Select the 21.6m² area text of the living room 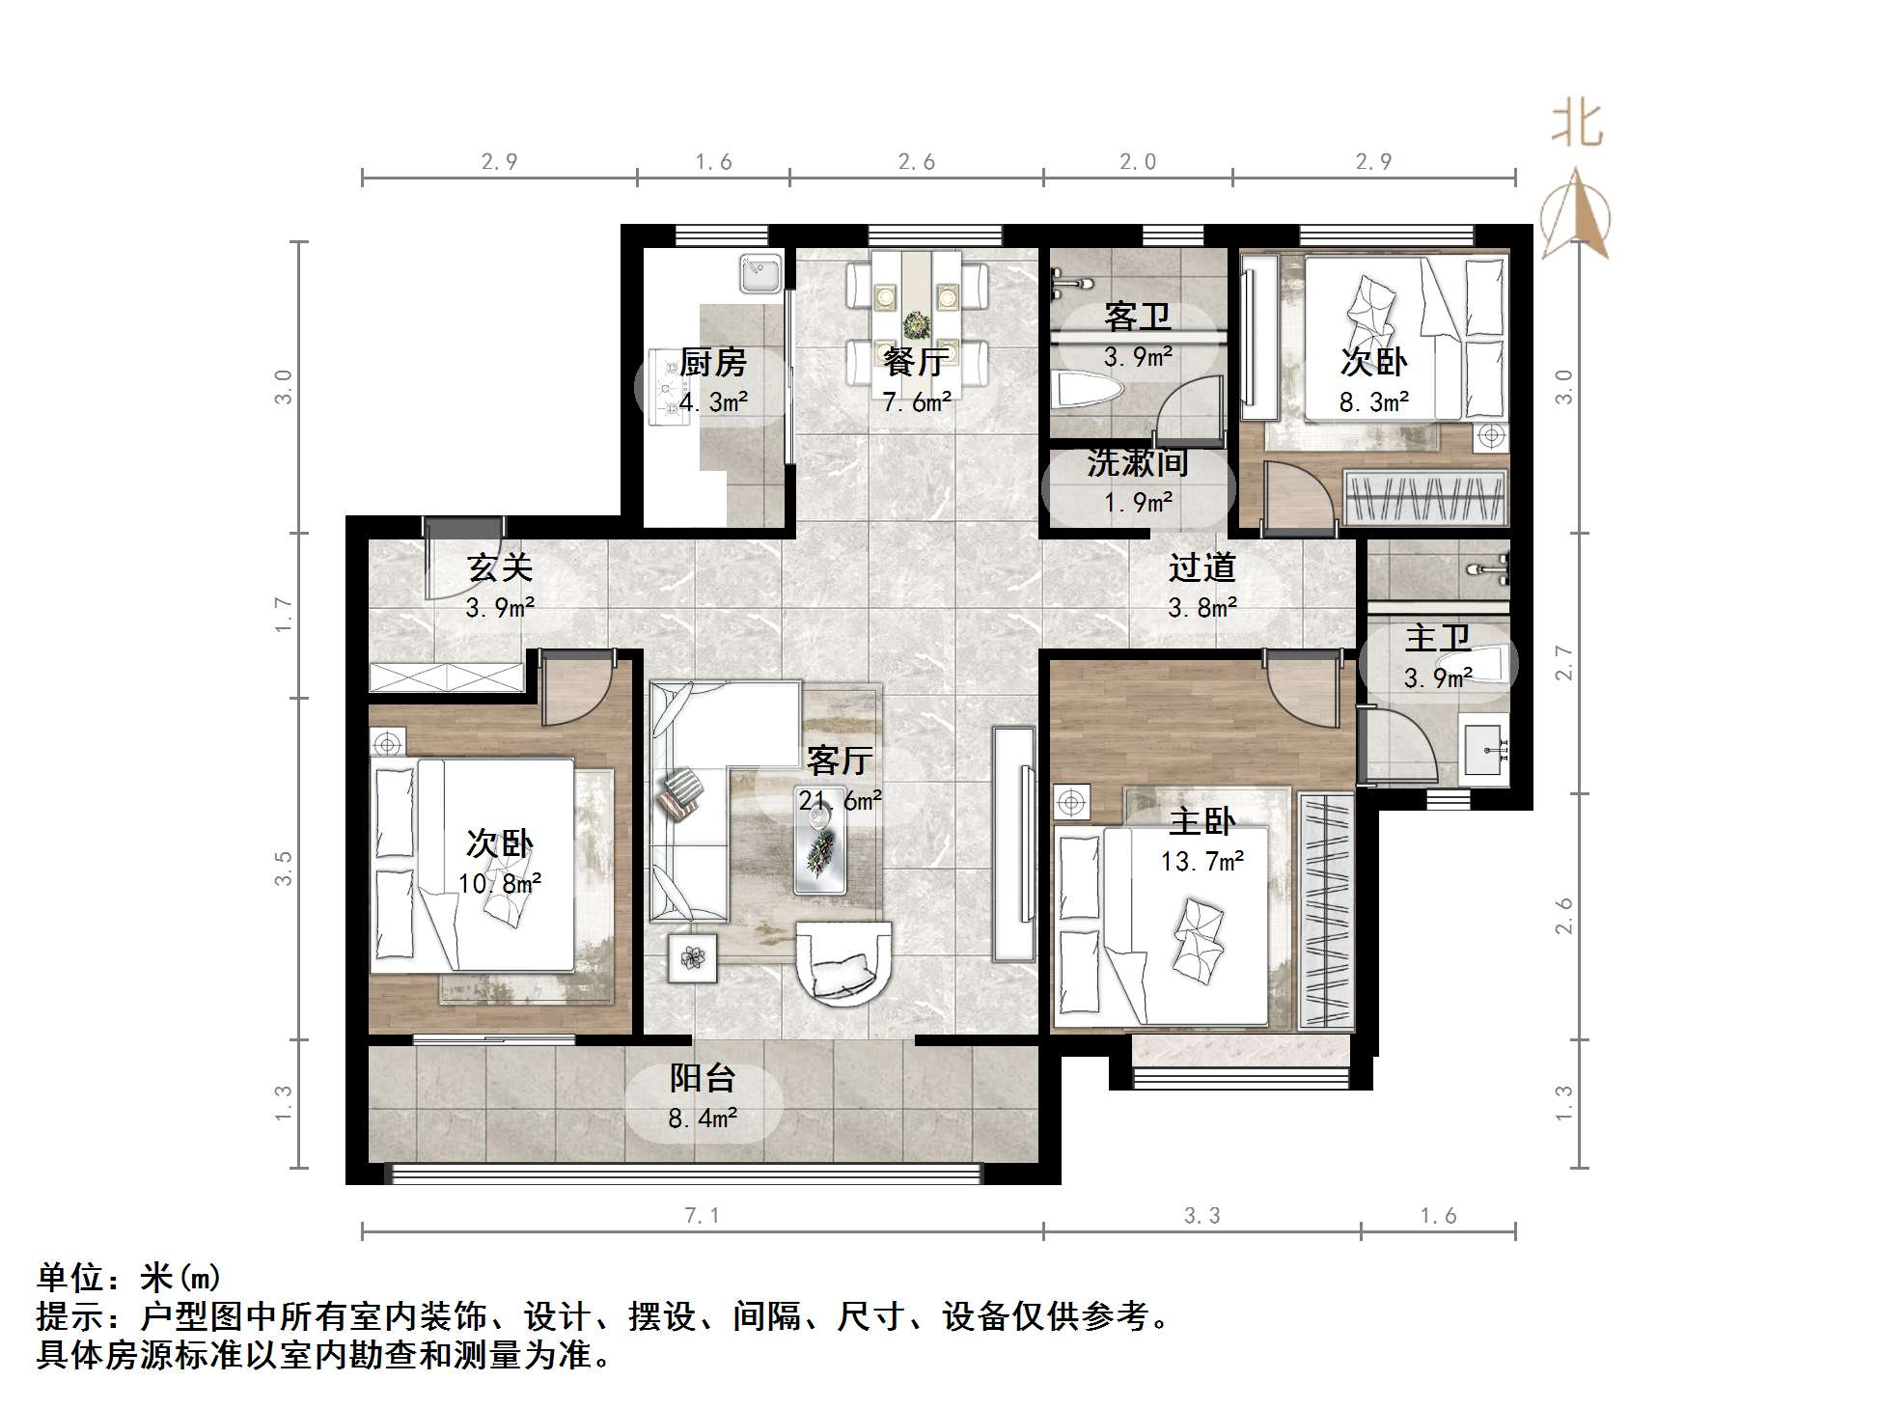click(840, 800)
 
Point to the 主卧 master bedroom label click(1201, 821)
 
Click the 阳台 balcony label click(704, 1078)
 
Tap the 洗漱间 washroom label click(1137, 463)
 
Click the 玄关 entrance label click(500, 567)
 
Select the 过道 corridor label click(1201, 567)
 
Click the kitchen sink click(761, 273)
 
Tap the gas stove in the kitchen click(667, 387)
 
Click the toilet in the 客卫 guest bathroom click(1091, 391)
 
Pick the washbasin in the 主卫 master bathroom click(1484, 748)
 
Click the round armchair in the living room click(843, 963)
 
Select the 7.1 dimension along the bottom click(703, 1216)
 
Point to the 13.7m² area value click(1201, 861)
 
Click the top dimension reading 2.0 click(1138, 162)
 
